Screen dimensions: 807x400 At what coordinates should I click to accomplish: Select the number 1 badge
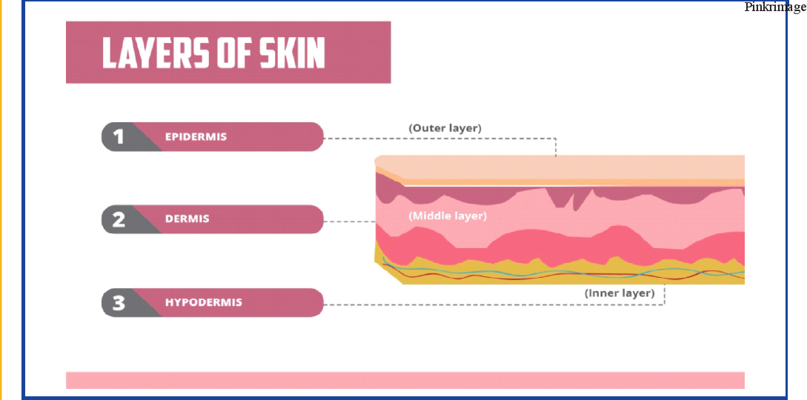(119, 137)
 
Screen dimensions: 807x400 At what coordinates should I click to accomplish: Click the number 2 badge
(119, 219)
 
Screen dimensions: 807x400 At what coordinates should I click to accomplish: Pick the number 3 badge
(119, 302)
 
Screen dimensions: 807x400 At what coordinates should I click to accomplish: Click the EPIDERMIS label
(196, 137)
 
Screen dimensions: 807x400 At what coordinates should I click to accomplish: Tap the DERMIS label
(187, 219)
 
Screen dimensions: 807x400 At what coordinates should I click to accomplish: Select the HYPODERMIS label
(203, 301)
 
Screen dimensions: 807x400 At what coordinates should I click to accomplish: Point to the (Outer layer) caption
(445, 128)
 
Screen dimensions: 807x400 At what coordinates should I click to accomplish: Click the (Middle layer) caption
(448, 216)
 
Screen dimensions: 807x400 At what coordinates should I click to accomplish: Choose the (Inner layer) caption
(620, 293)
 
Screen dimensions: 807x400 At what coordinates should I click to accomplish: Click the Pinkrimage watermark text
(775, 7)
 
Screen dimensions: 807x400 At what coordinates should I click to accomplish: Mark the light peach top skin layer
(560, 167)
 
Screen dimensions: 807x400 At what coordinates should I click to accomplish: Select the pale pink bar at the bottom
(405, 380)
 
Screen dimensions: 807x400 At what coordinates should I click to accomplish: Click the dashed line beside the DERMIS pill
(350, 221)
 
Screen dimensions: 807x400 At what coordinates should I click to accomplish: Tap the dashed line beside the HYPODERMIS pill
(494, 304)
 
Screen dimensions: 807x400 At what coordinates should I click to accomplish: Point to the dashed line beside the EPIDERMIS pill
(440, 138)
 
